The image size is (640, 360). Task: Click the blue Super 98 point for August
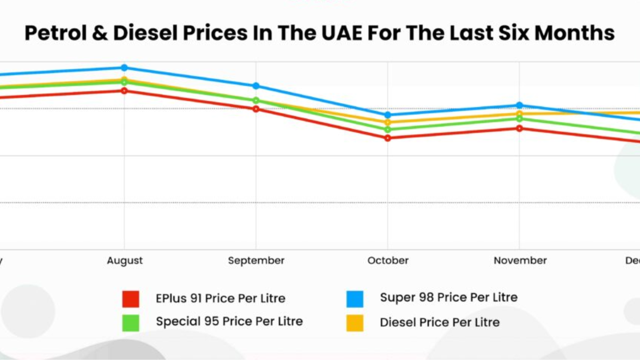pyautogui.click(x=124, y=67)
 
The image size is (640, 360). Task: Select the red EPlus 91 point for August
pyautogui.click(x=124, y=90)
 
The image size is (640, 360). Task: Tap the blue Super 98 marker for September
pyautogui.click(x=256, y=86)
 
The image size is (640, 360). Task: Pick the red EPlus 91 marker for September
pyautogui.click(x=256, y=109)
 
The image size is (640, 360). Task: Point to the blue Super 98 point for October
pyautogui.click(x=387, y=115)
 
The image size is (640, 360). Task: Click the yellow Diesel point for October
pyautogui.click(x=387, y=122)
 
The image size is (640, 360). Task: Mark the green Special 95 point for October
pyautogui.click(x=387, y=129)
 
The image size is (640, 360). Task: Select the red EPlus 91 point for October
pyautogui.click(x=387, y=138)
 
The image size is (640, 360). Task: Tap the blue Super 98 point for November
pyautogui.click(x=519, y=105)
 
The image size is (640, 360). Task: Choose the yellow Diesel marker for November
pyautogui.click(x=519, y=113)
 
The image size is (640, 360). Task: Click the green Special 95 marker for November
pyautogui.click(x=519, y=119)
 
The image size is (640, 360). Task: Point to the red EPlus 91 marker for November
pyautogui.click(x=519, y=128)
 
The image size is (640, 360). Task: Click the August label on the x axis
pyautogui.click(x=125, y=261)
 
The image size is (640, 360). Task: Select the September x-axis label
pyautogui.click(x=256, y=261)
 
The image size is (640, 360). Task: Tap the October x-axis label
pyautogui.click(x=388, y=261)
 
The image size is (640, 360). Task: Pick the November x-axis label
pyautogui.click(x=520, y=261)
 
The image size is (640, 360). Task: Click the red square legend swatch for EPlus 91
pyautogui.click(x=131, y=299)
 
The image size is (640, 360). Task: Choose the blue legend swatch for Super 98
pyautogui.click(x=355, y=299)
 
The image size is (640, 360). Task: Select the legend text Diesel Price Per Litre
pyautogui.click(x=439, y=322)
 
